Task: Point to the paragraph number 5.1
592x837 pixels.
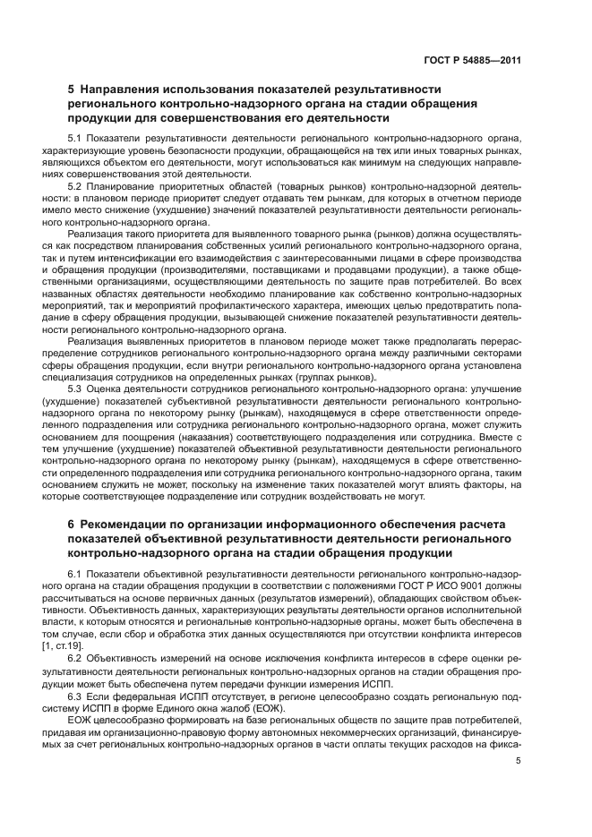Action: pyautogui.click(x=75, y=139)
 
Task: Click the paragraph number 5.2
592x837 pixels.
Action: pyautogui.click(x=75, y=186)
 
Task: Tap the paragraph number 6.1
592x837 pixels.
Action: pyautogui.click(x=75, y=573)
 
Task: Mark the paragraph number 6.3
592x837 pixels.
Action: pyautogui.click(x=75, y=696)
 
